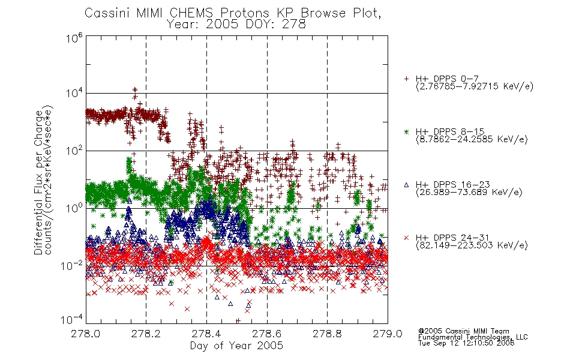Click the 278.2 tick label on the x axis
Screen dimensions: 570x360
pyautogui.click(x=146, y=334)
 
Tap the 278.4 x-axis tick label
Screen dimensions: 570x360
pyautogui.click(x=206, y=334)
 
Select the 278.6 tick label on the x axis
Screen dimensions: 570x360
pyautogui.click(x=267, y=334)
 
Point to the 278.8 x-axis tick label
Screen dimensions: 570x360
pyautogui.click(x=327, y=334)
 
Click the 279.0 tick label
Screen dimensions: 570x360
pyautogui.click(x=388, y=334)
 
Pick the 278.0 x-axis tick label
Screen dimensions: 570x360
pyautogui.click(x=86, y=334)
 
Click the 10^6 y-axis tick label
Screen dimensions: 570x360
pyautogui.click(x=74, y=37)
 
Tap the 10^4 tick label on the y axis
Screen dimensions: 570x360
pyautogui.click(x=74, y=93)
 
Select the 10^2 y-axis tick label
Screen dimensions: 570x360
pyautogui.click(x=74, y=150)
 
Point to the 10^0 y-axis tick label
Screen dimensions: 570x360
pyautogui.click(x=74, y=208)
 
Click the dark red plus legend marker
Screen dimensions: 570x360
pyautogui.click(x=406, y=79)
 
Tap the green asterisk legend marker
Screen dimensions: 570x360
pyautogui.click(x=406, y=131)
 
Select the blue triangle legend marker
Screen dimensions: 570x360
pyautogui.click(x=406, y=185)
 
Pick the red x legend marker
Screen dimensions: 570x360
pyautogui.click(x=406, y=238)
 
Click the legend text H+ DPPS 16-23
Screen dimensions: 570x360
pyautogui.click(x=452, y=184)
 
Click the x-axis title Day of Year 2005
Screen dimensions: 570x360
pyautogui.click(x=236, y=346)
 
